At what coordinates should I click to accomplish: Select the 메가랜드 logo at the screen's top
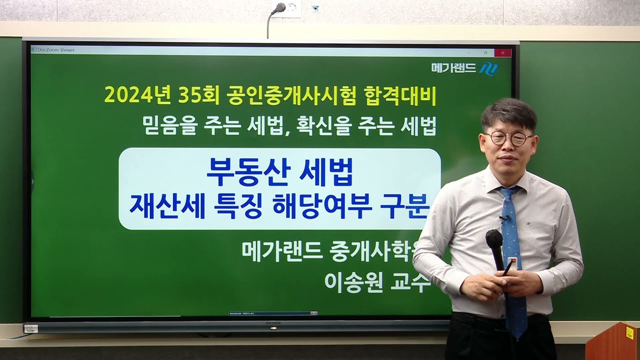pyautogui.click(x=464, y=68)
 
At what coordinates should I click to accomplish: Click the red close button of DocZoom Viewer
pyautogui.click(x=502, y=52)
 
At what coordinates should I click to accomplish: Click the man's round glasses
pyautogui.click(x=507, y=138)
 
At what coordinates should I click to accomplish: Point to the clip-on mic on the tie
pyautogui.click(x=504, y=218)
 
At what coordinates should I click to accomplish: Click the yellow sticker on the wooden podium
pyautogui.click(x=629, y=332)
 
